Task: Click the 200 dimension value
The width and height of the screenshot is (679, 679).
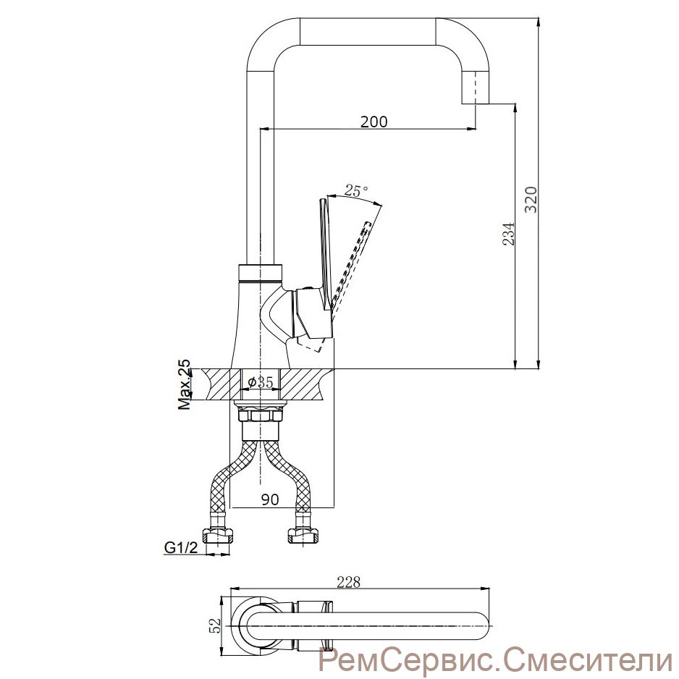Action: [x=374, y=122]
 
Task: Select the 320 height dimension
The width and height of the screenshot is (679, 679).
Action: [x=531, y=200]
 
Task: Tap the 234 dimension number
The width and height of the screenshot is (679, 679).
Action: [x=508, y=233]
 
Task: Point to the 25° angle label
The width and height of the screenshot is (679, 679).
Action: [x=356, y=190]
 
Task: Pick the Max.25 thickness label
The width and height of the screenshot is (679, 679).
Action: [x=185, y=384]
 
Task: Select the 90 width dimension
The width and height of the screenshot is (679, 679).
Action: [x=270, y=499]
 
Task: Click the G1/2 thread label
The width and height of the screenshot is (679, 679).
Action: [x=181, y=548]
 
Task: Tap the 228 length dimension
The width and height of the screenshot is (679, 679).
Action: [x=349, y=583]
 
